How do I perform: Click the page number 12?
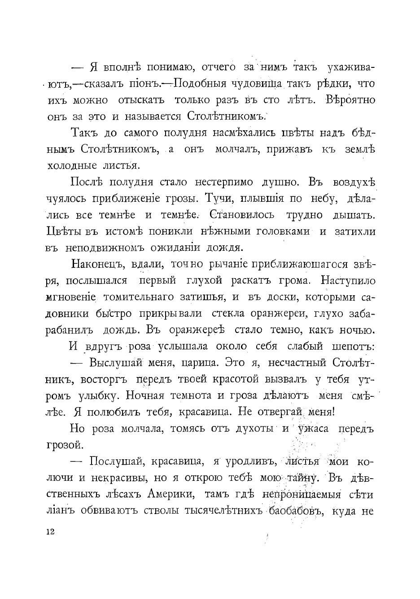coord(49,532)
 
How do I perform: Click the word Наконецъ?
coord(98,265)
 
